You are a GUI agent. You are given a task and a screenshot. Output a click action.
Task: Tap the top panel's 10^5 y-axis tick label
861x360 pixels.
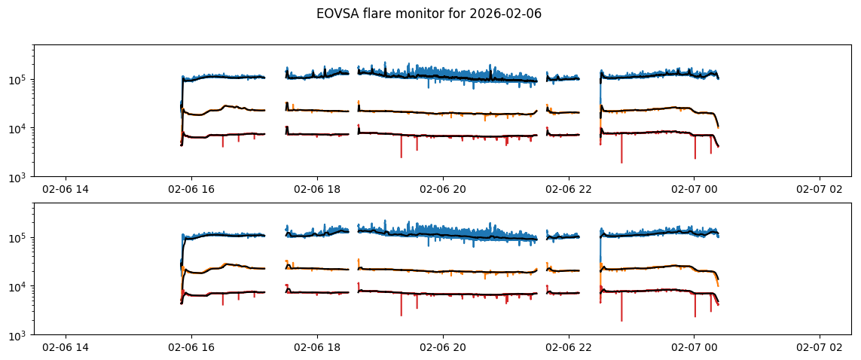click(19, 80)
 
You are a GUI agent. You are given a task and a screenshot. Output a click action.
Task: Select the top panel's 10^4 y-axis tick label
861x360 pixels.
click(19, 128)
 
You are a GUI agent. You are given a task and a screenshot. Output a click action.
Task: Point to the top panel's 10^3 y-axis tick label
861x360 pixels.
click(19, 177)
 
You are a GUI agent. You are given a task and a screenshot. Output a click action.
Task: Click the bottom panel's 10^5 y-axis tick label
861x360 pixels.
click(19, 238)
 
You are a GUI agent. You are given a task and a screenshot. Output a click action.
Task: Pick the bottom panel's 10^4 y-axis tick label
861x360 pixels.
click(19, 286)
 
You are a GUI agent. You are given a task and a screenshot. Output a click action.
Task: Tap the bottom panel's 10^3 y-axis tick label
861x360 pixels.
click(19, 335)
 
